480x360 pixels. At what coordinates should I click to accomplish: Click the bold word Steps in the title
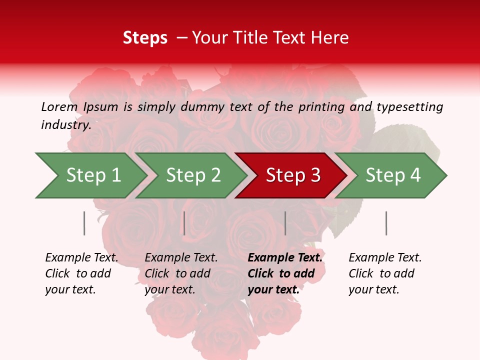(145, 38)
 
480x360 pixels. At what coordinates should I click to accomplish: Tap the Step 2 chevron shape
(192, 175)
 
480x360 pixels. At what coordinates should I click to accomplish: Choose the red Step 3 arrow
(292, 175)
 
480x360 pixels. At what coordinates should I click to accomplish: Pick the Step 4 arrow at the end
(392, 175)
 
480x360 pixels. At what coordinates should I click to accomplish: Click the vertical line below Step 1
(84, 223)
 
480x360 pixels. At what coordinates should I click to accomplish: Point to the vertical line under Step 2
(184, 223)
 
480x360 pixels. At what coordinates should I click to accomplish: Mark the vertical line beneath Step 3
(285, 223)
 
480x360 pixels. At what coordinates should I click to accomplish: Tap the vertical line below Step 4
(386, 223)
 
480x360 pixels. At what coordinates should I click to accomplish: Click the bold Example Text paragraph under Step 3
(285, 273)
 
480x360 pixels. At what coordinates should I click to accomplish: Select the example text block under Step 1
(81, 273)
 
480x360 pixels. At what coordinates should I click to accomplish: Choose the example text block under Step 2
(181, 273)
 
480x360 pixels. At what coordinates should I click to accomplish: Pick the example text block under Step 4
(385, 273)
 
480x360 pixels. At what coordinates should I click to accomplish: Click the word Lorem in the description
(59, 107)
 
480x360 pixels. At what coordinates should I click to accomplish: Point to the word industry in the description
(65, 125)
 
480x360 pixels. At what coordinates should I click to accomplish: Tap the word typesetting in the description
(409, 107)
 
